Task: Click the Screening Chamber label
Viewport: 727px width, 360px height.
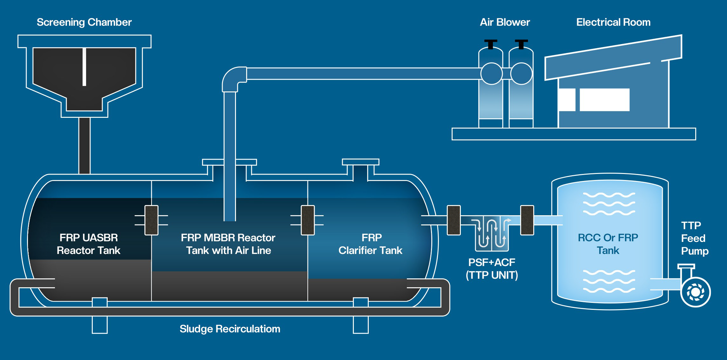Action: coord(84,22)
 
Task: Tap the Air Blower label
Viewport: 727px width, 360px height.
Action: coord(505,22)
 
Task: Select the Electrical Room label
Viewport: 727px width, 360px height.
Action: coord(613,22)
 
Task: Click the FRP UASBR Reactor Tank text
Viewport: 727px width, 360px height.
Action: coord(89,244)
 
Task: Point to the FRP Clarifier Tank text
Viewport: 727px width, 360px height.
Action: coord(371,244)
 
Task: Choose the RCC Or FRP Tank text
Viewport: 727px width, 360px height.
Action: coord(608,244)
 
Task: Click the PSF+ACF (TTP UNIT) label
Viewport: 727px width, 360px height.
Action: coord(492,269)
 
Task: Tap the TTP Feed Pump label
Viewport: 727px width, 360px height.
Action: coord(695,238)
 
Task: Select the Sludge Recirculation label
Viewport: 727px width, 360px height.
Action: coord(230,329)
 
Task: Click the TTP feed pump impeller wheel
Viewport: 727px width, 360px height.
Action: coord(695,292)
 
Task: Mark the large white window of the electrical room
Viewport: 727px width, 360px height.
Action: coord(604,100)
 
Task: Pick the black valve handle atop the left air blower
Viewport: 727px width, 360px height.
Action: coord(491,44)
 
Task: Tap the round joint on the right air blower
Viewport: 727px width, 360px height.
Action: coord(521,74)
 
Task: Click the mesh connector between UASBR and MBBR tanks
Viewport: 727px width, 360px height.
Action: coord(151,220)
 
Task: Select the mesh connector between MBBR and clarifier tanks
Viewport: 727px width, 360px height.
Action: coord(307,220)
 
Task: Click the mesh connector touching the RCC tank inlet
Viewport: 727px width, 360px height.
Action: coord(527,220)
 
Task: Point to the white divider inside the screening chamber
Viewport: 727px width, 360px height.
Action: coord(84,67)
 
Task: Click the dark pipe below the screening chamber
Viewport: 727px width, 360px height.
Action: coord(84,145)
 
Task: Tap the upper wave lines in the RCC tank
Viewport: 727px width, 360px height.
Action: coord(609,203)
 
